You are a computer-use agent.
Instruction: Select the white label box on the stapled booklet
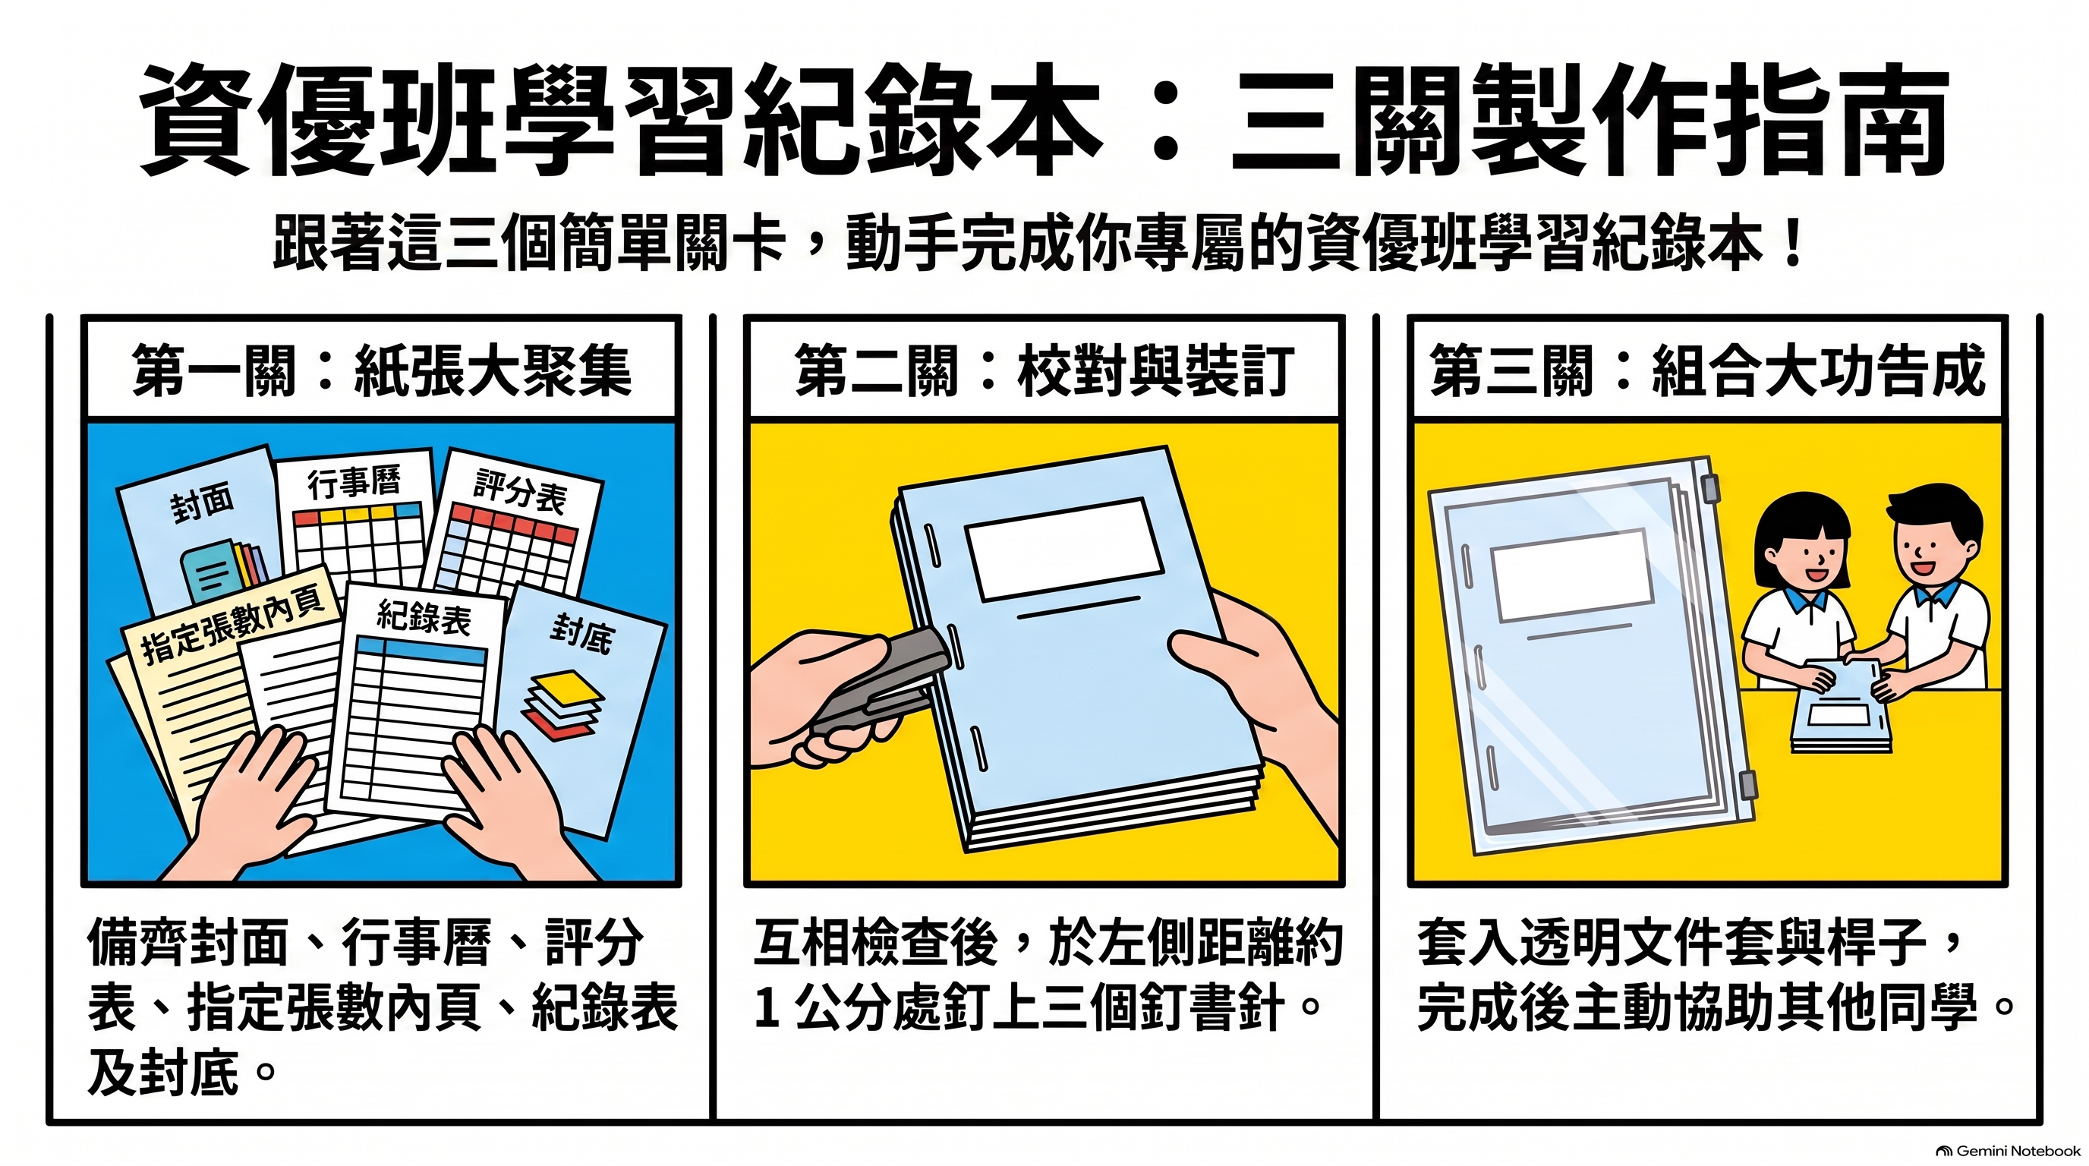click(1064, 549)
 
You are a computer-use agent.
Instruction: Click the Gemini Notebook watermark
click(2008, 1151)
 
